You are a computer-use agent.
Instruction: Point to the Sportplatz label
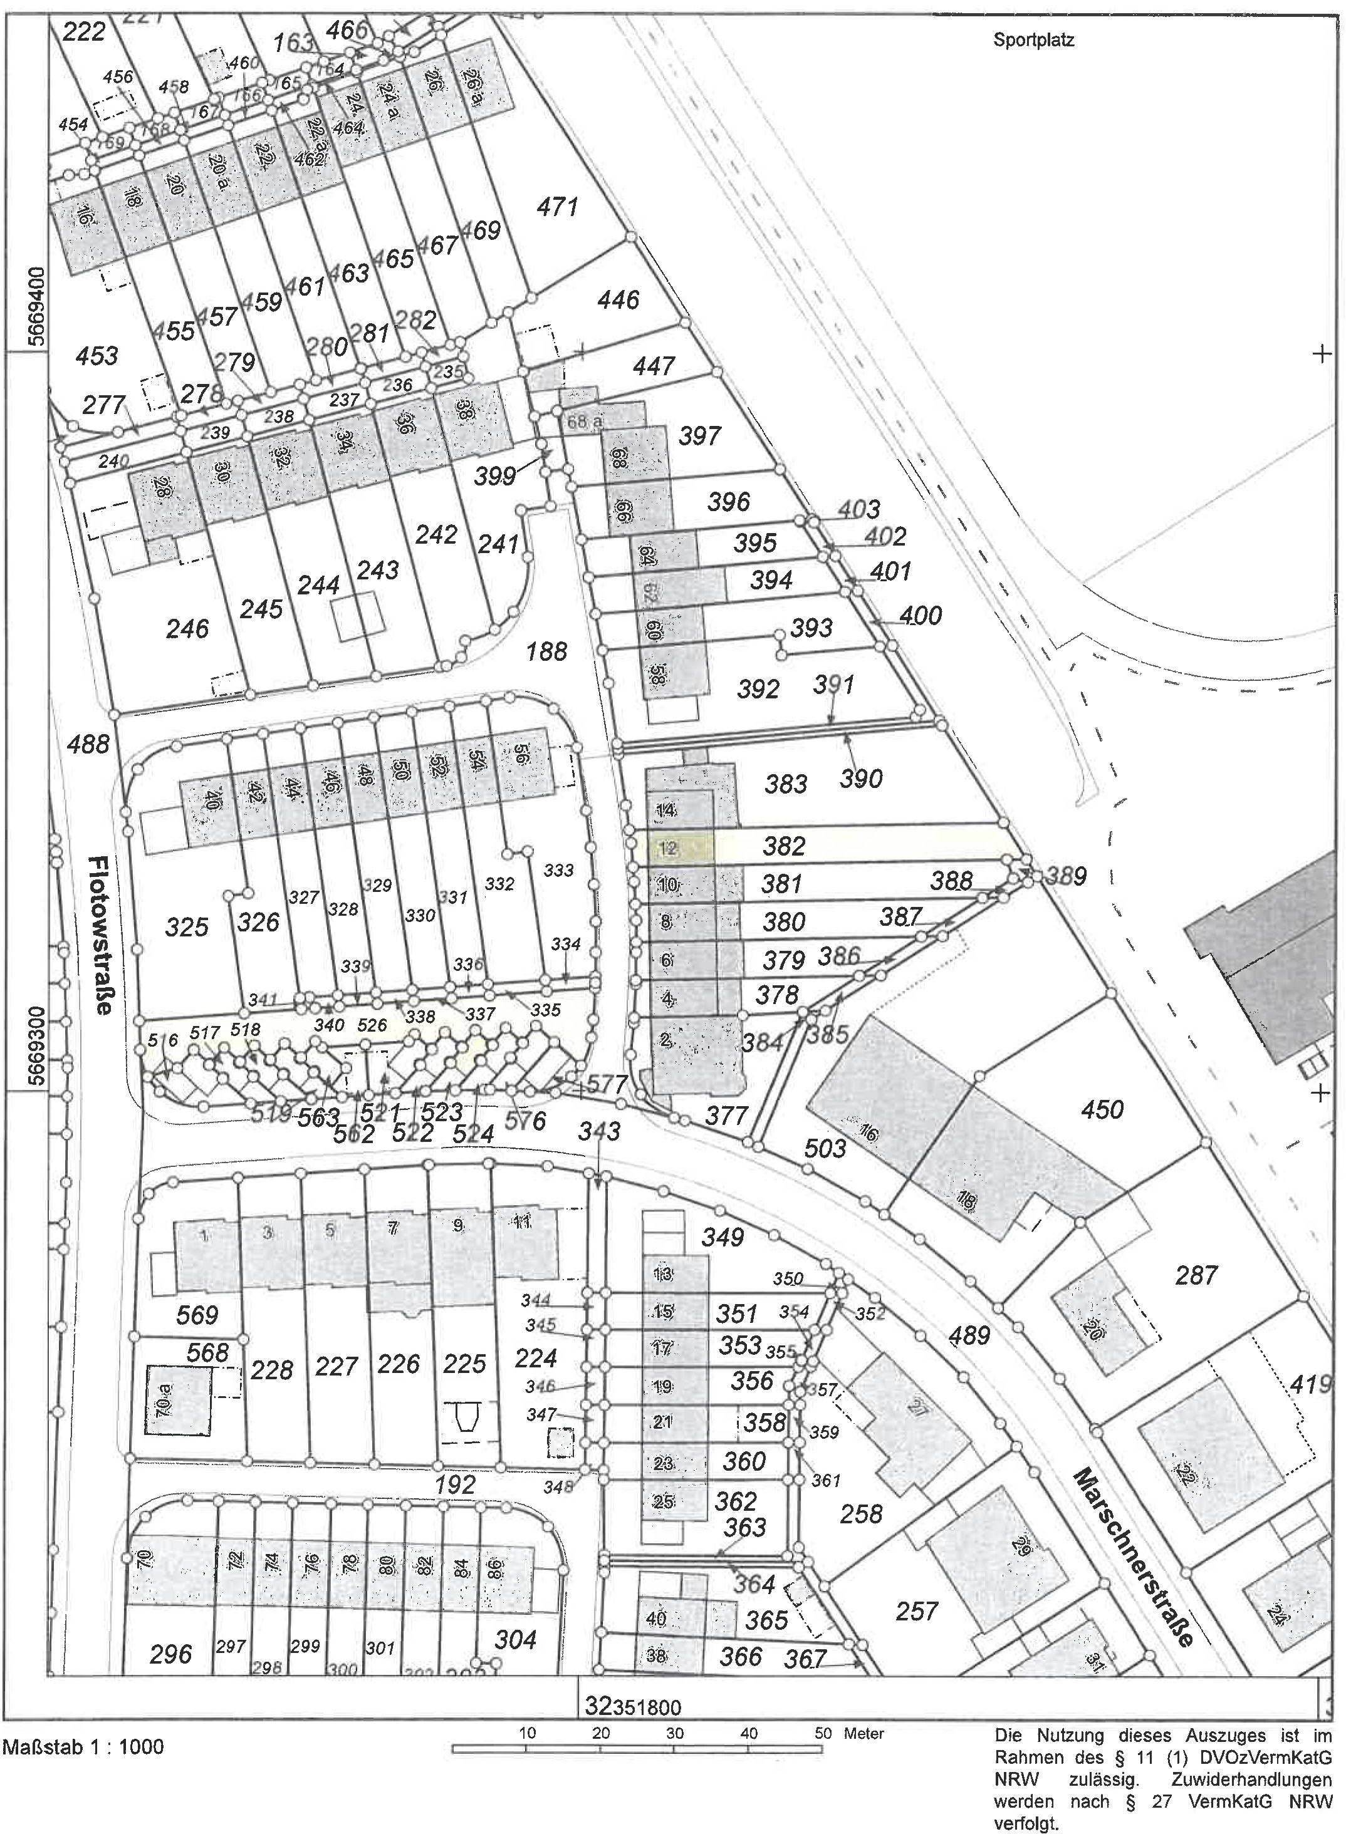point(1033,40)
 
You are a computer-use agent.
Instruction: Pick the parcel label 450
point(1102,1109)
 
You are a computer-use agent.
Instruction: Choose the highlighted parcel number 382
point(784,846)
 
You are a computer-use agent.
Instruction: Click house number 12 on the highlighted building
point(667,847)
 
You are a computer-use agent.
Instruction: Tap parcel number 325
point(187,927)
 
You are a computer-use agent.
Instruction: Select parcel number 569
point(197,1313)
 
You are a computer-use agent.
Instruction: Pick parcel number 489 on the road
point(969,1335)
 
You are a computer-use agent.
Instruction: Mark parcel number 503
point(825,1148)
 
